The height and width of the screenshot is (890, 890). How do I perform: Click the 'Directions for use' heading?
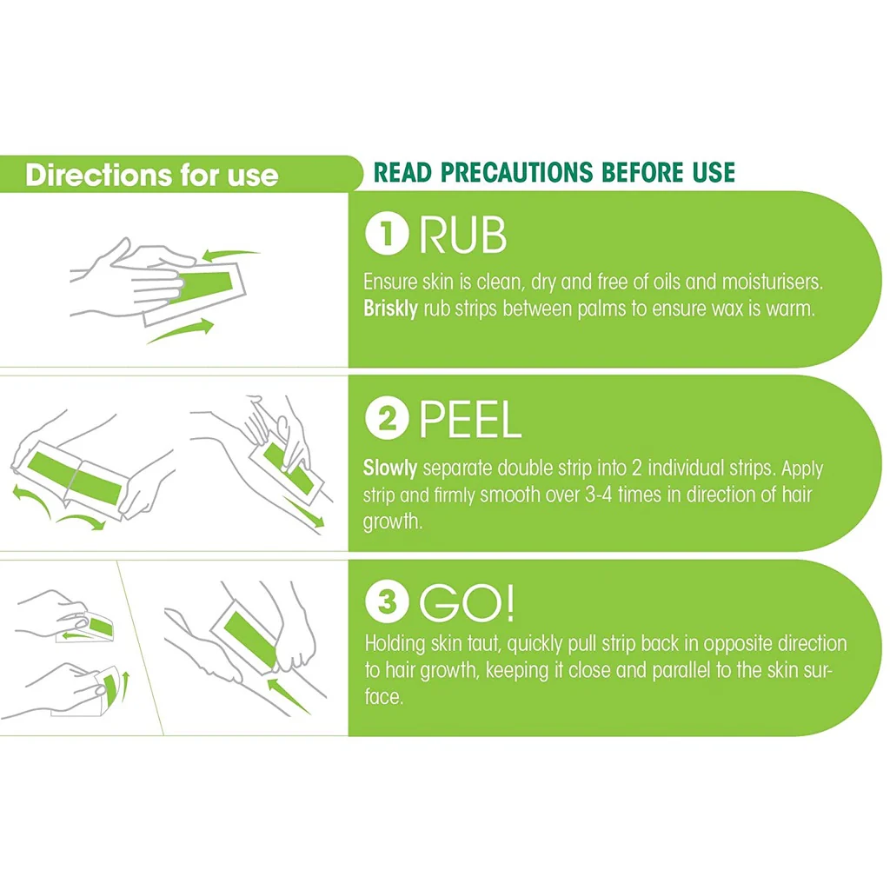click(151, 175)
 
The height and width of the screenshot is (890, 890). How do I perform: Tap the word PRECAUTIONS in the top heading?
click(516, 173)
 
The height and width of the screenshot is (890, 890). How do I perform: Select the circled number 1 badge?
click(387, 233)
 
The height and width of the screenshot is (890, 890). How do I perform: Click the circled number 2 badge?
click(387, 418)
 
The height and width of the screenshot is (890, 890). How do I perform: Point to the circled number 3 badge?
click(387, 601)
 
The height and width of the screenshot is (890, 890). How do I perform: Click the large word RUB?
click(462, 235)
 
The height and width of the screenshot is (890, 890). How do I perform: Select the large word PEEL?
click(470, 420)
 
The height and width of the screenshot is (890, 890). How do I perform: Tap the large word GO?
click(467, 603)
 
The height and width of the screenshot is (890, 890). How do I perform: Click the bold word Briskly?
click(390, 309)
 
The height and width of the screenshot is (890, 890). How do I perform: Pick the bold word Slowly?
click(390, 468)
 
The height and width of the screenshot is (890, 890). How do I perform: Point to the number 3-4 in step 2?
click(598, 495)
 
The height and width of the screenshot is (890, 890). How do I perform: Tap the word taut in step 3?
click(484, 644)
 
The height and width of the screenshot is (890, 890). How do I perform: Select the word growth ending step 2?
click(393, 522)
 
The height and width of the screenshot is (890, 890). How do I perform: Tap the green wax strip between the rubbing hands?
click(205, 287)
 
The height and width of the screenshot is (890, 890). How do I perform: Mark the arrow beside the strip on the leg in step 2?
click(303, 512)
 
